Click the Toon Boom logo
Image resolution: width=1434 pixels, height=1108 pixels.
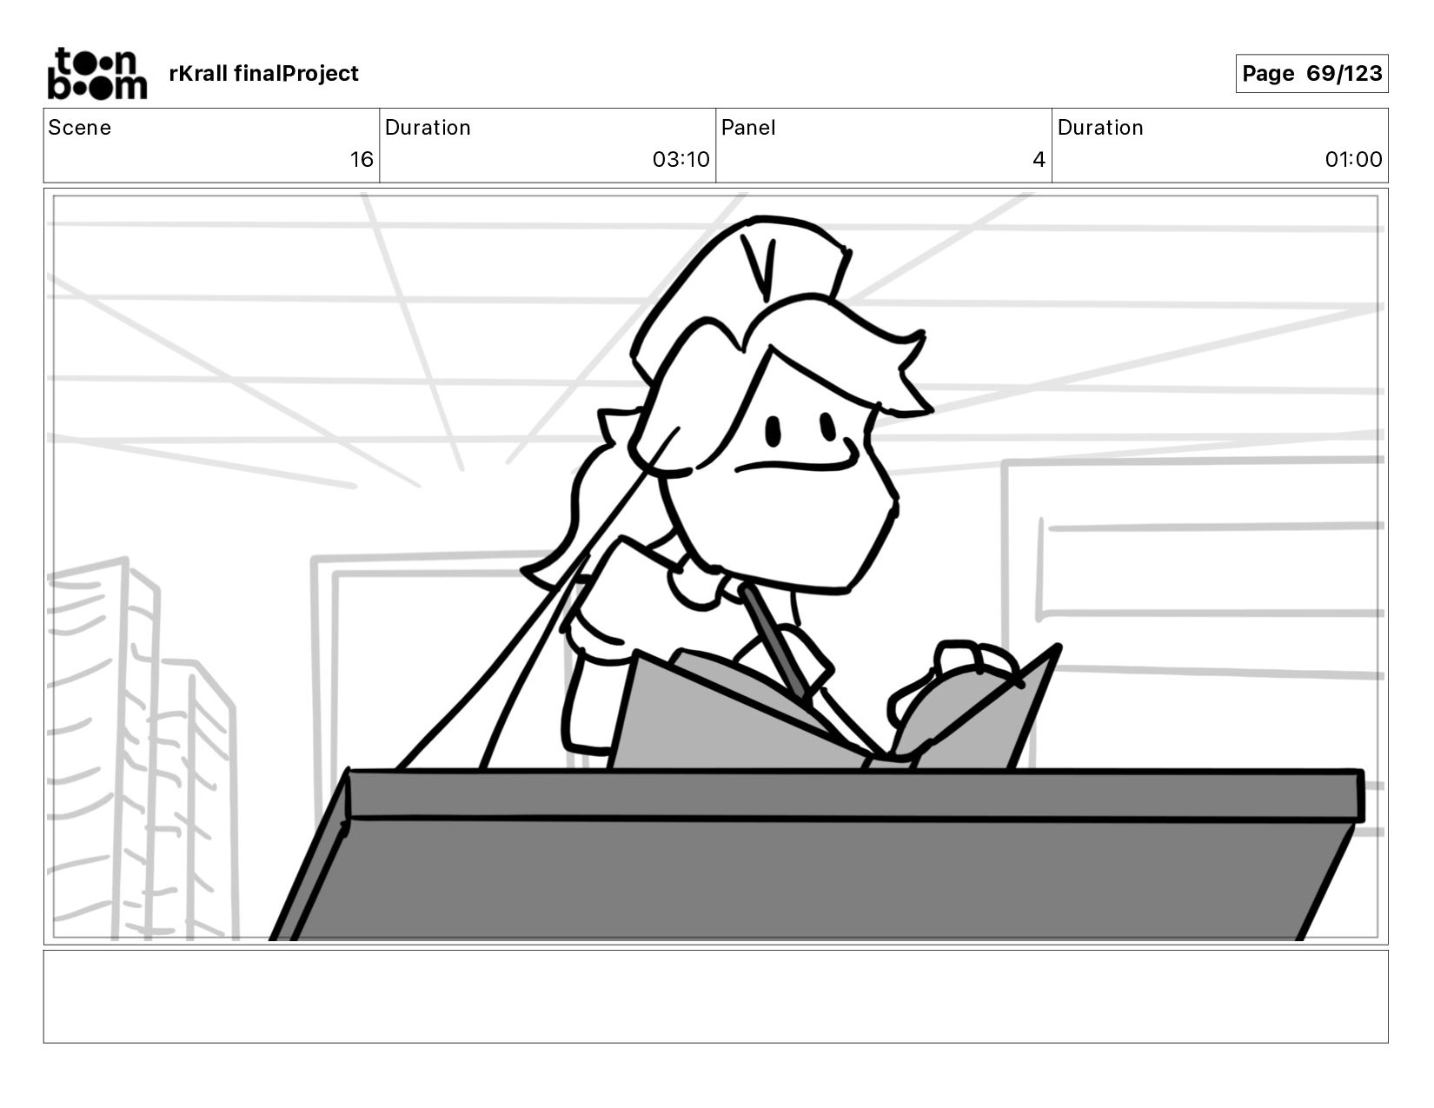click(96, 74)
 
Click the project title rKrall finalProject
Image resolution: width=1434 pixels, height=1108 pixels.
click(263, 74)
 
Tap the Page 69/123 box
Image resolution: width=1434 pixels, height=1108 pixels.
click(1311, 74)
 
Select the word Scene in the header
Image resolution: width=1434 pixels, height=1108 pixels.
click(79, 128)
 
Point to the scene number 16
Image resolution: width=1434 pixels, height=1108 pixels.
click(362, 160)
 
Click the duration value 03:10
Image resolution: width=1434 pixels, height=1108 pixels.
click(680, 160)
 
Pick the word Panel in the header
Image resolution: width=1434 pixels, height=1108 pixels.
click(748, 128)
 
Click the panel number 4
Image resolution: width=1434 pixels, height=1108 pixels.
click(1038, 160)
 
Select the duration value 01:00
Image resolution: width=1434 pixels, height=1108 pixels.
click(1353, 160)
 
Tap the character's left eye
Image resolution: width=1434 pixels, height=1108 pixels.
click(772, 431)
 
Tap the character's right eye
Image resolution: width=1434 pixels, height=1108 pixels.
click(827, 426)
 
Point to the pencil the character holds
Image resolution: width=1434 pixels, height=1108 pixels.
click(773, 639)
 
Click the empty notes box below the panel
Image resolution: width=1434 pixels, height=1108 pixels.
click(715, 996)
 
